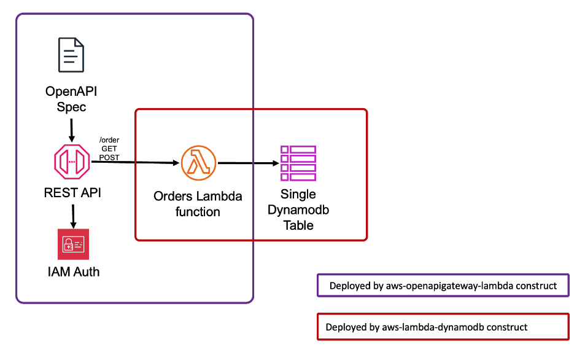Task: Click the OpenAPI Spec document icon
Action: pyautogui.click(x=71, y=56)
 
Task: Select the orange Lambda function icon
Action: pyautogui.click(x=198, y=163)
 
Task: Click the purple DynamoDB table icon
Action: pyautogui.click(x=298, y=163)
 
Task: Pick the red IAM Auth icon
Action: pyautogui.click(x=73, y=244)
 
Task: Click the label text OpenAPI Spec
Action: pyautogui.click(x=71, y=99)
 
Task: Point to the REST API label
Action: pyautogui.click(x=72, y=193)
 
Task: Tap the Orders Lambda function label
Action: pyautogui.click(x=198, y=204)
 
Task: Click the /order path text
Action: pyautogui.click(x=109, y=140)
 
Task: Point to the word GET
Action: pyautogui.click(x=109, y=149)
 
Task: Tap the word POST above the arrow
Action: pyautogui.click(x=109, y=157)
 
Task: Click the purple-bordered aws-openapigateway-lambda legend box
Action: pyautogui.click(x=443, y=286)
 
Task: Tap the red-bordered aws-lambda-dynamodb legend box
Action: pyautogui.click(x=443, y=327)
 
